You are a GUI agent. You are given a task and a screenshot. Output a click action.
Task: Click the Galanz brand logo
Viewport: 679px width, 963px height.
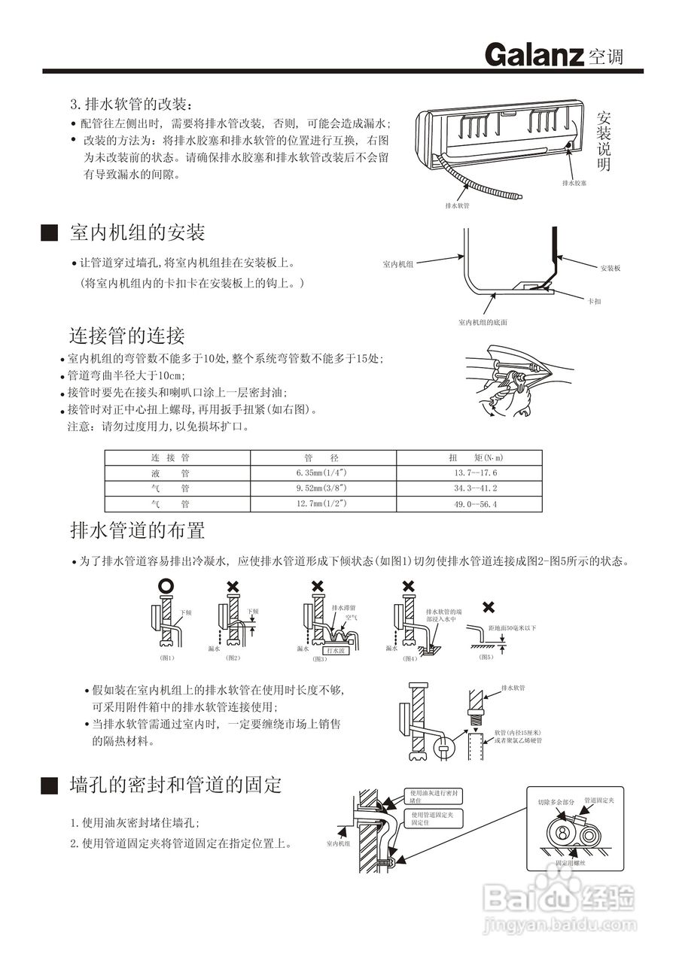tap(534, 55)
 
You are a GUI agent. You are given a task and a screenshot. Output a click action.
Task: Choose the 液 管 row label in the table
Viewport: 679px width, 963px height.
tap(170, 473)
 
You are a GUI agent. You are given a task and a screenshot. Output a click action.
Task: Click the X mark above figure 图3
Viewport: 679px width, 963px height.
tap(318, 585)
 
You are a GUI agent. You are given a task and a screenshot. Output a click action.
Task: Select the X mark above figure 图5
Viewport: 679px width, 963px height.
tap(488, 606)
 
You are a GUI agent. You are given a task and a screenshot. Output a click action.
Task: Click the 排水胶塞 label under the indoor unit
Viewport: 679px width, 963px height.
tap(574, 183)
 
